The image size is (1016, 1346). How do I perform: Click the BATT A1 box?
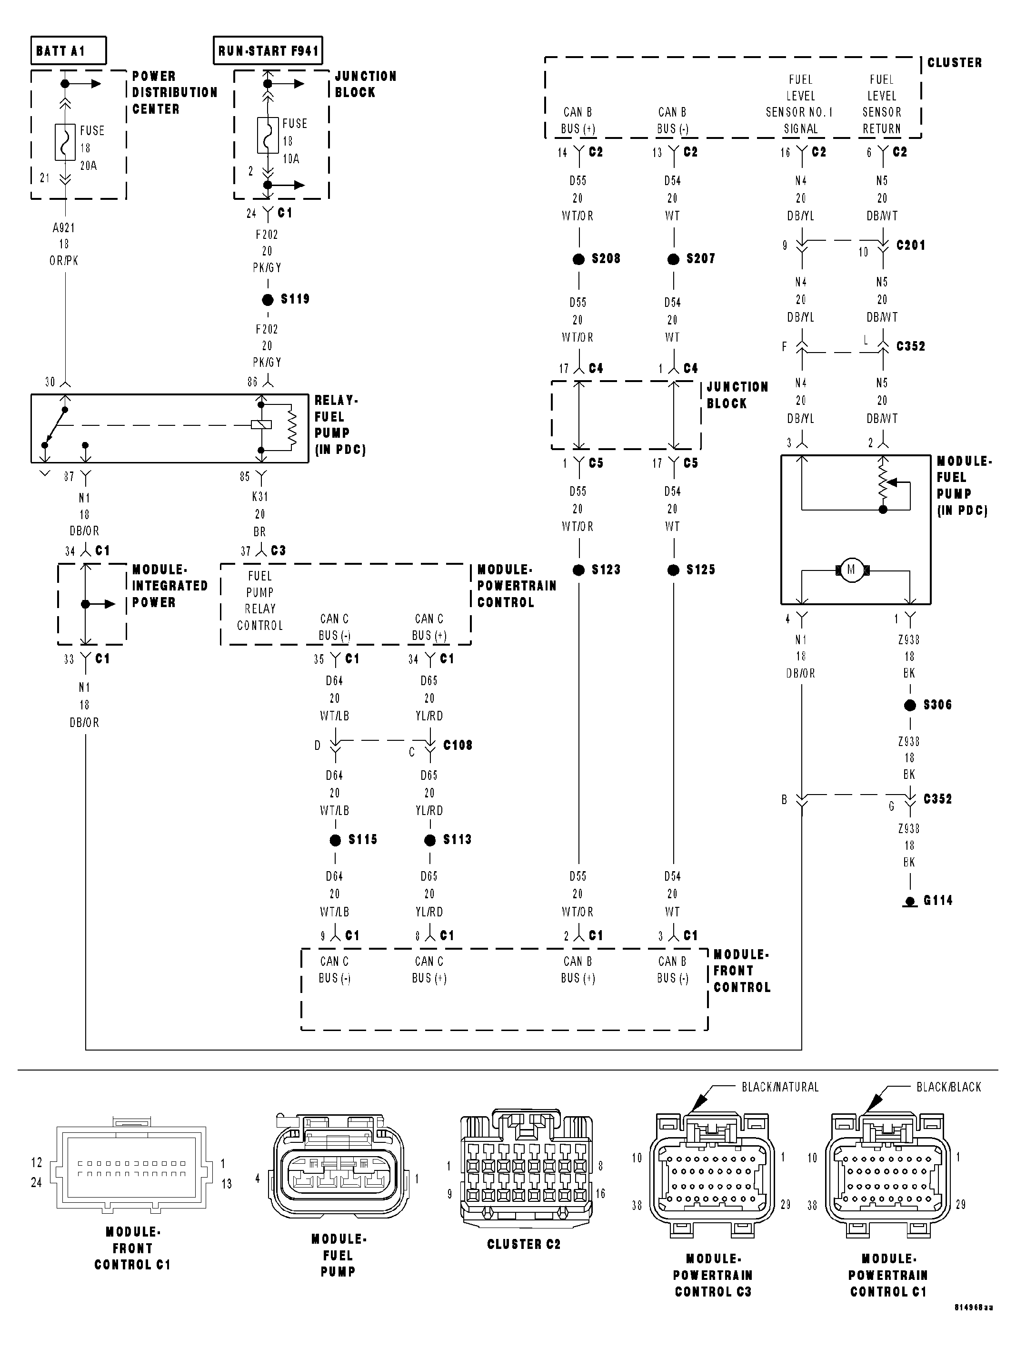tap(68, 50)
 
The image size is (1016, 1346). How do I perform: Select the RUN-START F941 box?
tap(268, 50)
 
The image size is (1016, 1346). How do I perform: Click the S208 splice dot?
tap(578, 259)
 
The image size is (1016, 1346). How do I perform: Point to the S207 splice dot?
tap(673, 259)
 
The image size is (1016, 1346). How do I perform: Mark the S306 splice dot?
tap(909, 705)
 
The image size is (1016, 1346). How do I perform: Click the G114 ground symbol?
tap(909, 901)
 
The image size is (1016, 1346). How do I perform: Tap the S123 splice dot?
tap(578, 570)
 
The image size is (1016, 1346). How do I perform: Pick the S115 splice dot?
tap(335, 840)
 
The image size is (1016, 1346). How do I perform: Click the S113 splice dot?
tap(430, 840)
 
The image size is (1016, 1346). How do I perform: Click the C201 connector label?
tap(911, 245)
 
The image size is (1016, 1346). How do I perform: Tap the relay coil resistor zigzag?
tap(292, 428)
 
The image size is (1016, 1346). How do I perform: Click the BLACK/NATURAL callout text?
tap(780, 1087)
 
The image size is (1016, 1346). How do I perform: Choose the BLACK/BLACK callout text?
tap(948, 1087)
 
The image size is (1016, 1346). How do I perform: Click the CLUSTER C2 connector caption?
tap(524, 1244)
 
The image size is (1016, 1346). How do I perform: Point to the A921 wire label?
tap(64, 227)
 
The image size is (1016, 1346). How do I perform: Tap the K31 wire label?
tap(260, 497)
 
